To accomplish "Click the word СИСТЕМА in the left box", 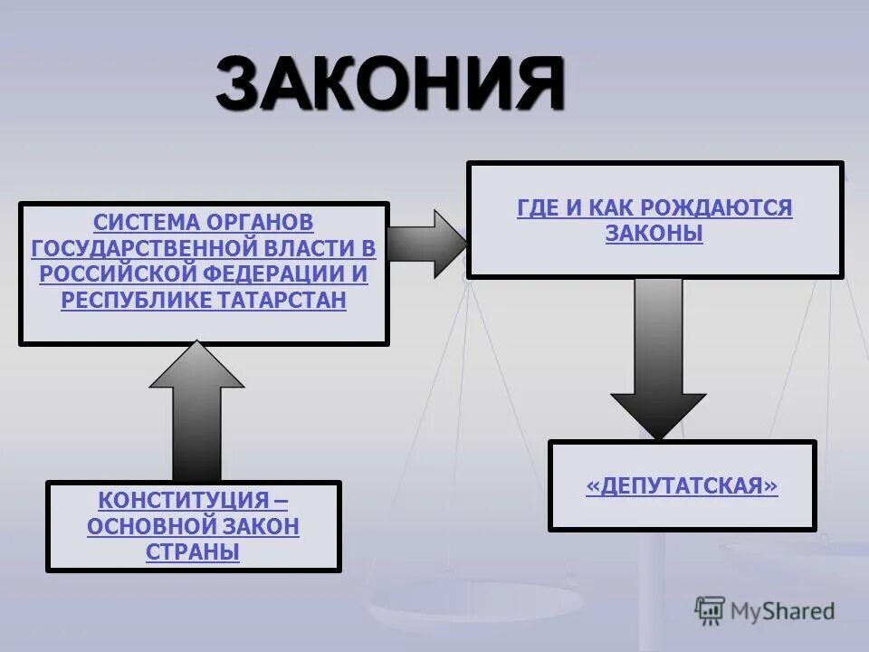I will (x=146, y=222).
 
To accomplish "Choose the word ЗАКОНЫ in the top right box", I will (x=654, y=234).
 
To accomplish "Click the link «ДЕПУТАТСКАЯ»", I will (x=682, y=486).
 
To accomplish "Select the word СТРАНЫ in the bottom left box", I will (x=193, y=551).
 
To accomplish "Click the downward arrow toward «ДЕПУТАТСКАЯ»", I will (x=658, y=358).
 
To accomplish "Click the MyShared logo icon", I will (x=710, y=611).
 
